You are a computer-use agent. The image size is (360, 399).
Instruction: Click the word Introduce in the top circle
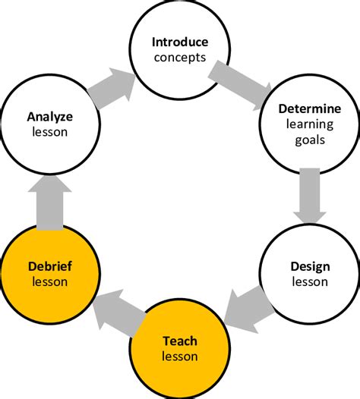[179, 41]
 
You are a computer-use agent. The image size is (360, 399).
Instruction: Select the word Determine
[309, 110]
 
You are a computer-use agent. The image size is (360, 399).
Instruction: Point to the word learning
[309, 124]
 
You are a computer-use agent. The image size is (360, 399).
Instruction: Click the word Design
[309, 267]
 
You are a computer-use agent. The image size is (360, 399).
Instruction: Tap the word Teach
[179, 341]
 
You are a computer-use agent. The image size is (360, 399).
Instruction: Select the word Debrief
[49, 267]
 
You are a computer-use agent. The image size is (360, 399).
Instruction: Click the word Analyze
[49, 117]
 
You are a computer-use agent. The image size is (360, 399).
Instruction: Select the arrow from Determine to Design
[309, 194]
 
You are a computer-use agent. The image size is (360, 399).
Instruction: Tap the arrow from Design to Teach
[248, 307]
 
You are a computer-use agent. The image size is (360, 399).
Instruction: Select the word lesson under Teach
[179, 356]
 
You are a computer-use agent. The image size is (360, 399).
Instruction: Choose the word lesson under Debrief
[49, 281]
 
